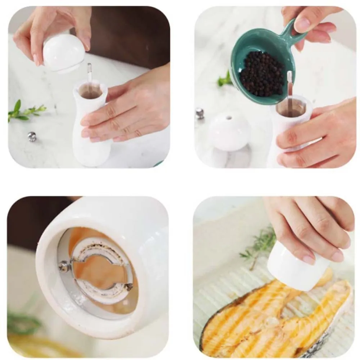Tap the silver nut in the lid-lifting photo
[32, 136]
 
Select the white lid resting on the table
[229, 132]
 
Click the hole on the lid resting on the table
[229, 118]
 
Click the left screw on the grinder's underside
[64, 266]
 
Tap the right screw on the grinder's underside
[129, 287]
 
